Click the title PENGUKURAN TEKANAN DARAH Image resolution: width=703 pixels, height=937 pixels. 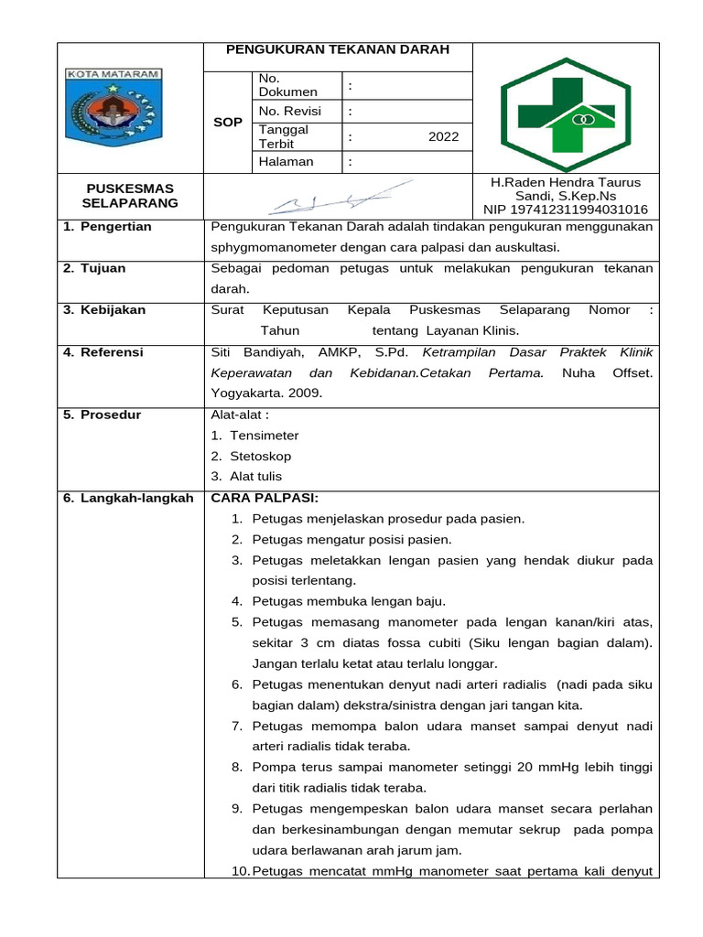coord(338,49)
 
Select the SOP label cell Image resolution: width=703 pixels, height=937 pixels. coord(227,123)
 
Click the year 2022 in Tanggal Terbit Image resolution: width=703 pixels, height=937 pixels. coord(444,137)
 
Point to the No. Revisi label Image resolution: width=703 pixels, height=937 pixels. coord(287,111)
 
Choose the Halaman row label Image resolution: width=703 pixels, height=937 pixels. coord(286,162)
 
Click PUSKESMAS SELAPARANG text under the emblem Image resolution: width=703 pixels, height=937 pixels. coord(130,196)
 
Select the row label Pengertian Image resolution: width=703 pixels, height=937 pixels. coord(114,227)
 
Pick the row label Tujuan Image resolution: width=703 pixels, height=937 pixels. coord(106,268)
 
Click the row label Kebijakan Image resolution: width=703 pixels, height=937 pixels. coord(114,310)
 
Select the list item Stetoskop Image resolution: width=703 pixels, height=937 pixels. coord(260,456)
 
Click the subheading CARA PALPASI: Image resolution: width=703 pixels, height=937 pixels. coord(265,498)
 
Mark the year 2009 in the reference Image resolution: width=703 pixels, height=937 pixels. coord(304,393)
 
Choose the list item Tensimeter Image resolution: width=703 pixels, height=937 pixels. coord(264,436)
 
